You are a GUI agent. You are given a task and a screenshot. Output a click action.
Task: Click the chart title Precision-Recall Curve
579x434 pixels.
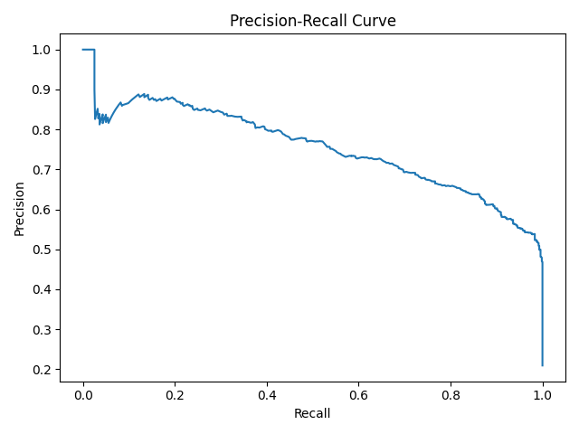point(312,21)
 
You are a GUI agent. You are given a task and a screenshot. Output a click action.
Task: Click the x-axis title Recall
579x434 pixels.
point(312,413)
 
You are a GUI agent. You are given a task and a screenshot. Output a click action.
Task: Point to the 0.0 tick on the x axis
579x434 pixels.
point(82,395)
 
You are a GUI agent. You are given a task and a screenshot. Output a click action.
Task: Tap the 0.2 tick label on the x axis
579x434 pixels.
point(175,395)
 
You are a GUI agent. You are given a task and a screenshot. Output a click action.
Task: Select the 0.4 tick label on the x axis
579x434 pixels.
point(267,395)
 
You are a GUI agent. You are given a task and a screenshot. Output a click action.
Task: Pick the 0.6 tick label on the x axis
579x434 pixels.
point(358,395)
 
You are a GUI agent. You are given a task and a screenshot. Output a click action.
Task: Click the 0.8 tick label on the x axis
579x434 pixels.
point(451,395)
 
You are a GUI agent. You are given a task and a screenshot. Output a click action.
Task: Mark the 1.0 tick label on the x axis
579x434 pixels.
point(543,395)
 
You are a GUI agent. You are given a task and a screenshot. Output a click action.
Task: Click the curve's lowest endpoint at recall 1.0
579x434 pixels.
point(543,365)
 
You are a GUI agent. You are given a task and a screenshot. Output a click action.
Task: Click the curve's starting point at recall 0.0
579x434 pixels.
point(82,50)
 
